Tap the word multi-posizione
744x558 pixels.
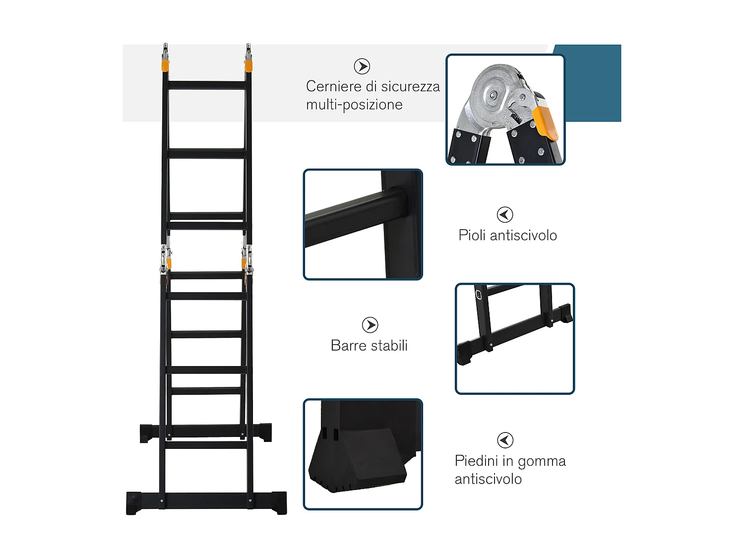354,105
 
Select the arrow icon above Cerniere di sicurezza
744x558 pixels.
362,66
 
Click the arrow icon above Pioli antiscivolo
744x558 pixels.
505,215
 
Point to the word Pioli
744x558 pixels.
472,235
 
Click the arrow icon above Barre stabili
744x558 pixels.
370,325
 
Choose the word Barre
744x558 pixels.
347,346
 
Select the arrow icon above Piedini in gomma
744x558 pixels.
505,440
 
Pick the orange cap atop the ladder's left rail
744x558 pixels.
165,65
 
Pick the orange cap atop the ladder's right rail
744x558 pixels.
248,65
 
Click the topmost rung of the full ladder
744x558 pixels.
207,85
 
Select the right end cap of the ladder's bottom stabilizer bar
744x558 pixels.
279,502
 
